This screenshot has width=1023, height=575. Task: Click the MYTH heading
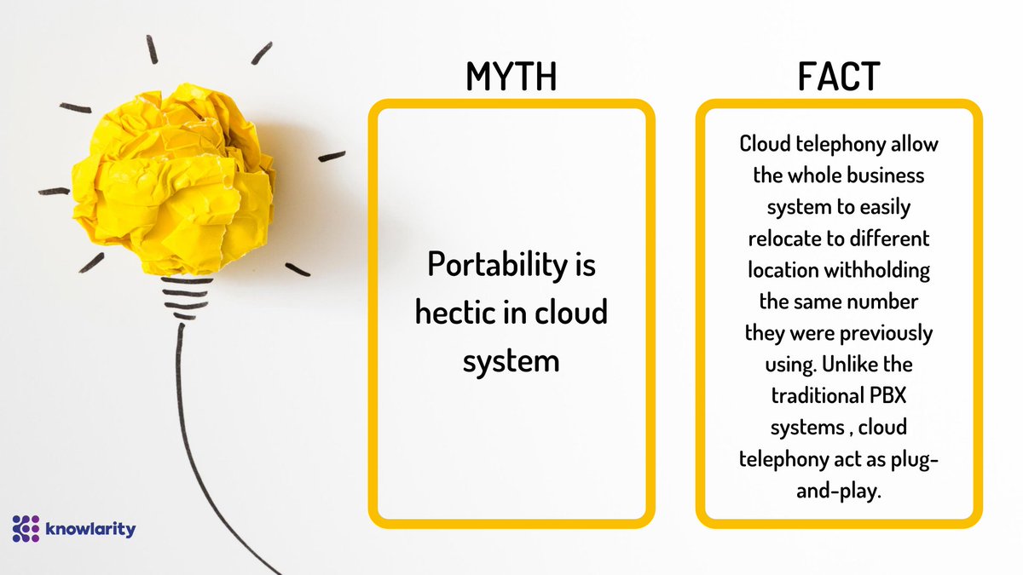point(511,77)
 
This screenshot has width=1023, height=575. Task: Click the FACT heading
point(839,77)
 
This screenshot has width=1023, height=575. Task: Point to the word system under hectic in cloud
point(511,359)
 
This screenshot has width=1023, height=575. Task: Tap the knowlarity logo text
point(91,529)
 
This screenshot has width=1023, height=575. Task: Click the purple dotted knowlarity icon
point(26,529)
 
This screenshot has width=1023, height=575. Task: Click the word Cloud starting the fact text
point(766,143)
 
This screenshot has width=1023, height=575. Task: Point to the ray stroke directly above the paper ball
point(152,49)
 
